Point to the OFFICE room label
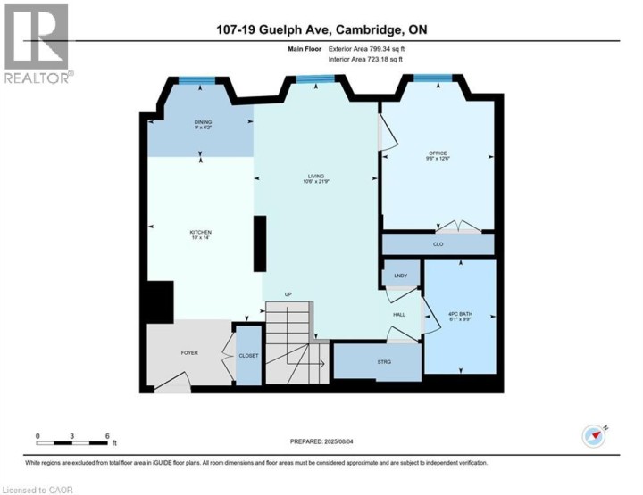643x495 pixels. pos(437,153)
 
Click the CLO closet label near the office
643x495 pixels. pos(438,243)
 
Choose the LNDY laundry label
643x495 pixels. pos(400,276)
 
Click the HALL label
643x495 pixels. pos(400,314)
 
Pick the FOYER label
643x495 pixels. pos(189,352)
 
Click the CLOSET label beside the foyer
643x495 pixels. pos(248,356)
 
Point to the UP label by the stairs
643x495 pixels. pos(288,294)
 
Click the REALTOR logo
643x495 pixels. pos(36,45)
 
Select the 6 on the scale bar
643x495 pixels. pos(107,436)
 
